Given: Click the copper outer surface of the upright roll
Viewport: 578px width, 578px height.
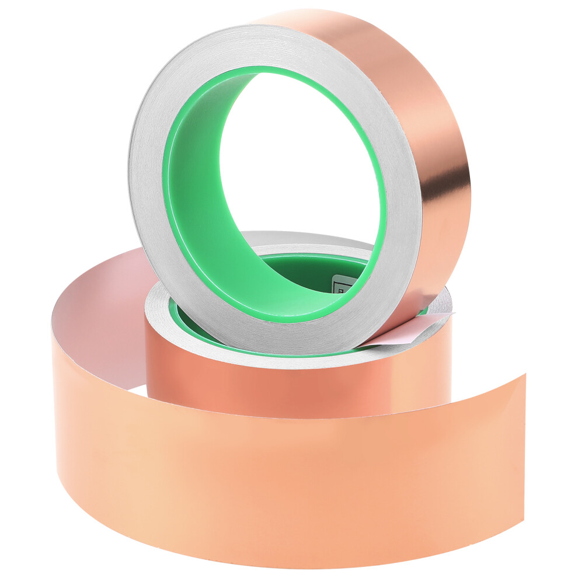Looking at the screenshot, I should (409, 88).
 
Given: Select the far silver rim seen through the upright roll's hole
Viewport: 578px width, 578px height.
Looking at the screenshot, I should (304, 238).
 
